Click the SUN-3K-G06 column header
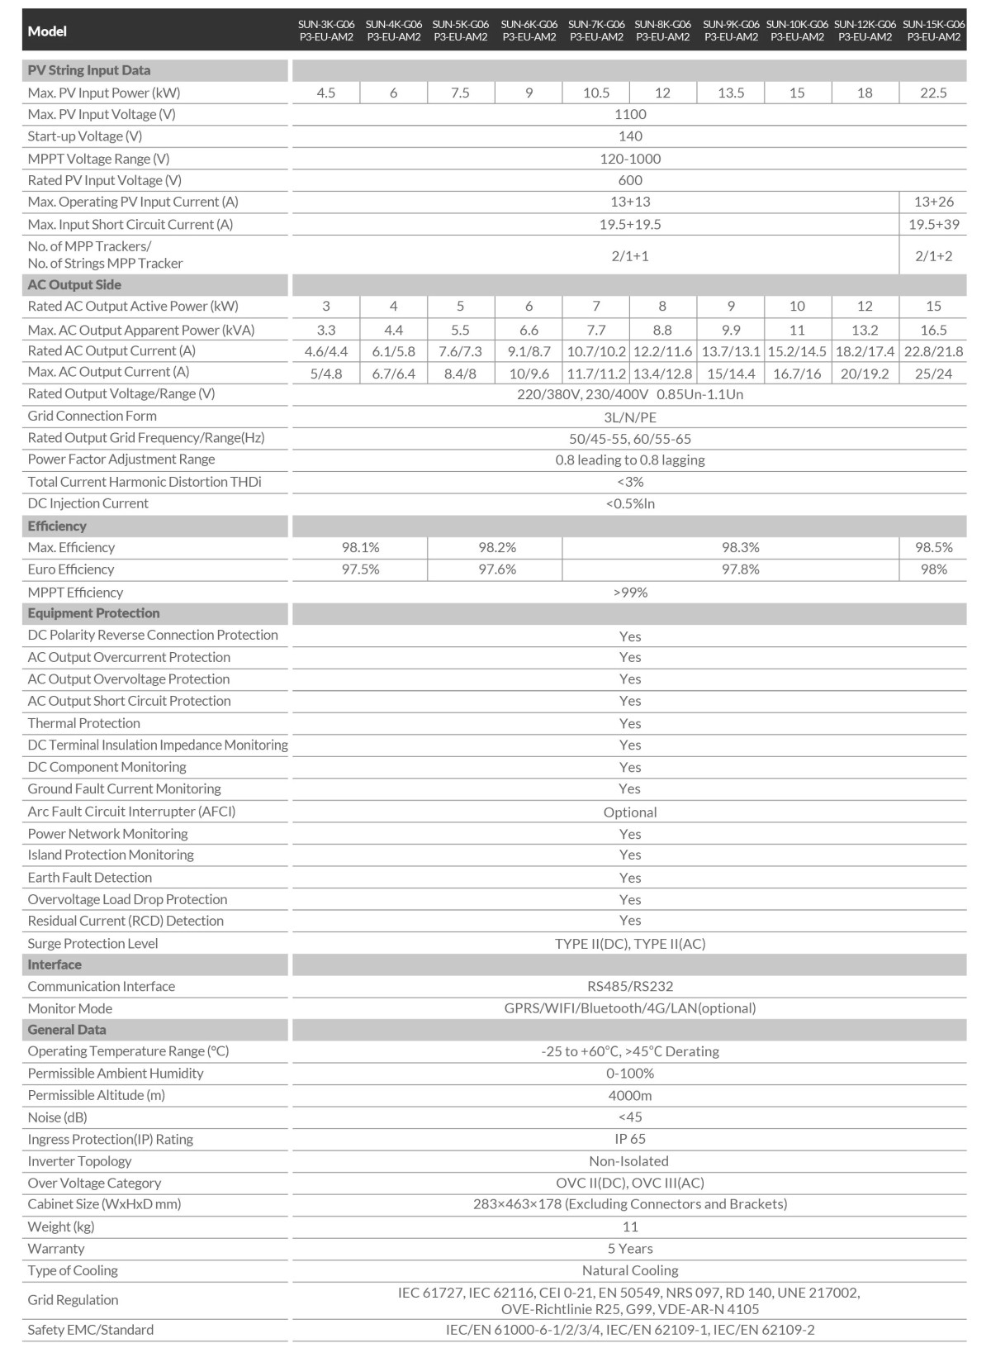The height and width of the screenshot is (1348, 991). pyautogui.click(x=326, y=31)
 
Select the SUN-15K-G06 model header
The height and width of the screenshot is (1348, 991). pyautogui.click(x=933, y=31)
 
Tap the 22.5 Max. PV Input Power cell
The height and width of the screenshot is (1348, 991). pyautogui.click(x=933, y=93)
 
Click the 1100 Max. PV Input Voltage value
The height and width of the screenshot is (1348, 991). pyautogui.click(x=630, y=114)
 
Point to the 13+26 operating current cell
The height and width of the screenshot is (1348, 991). pyautogui.click(x=933, y=202)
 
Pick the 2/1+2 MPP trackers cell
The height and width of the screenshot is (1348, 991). pyautogui.click(x=933, y=255)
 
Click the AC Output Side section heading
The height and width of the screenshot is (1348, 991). pyautogui.click(x=74, y=284)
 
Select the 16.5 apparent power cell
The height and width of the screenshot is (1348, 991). pyautogui.click(x=933, y=330)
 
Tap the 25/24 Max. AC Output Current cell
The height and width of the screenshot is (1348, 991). pyautogui.click(x=933, y=374)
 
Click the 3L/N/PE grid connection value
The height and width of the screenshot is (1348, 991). pyautogui.click(x=630, y=417)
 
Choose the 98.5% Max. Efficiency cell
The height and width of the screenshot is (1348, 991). pyautogui.click(x=933, y=547)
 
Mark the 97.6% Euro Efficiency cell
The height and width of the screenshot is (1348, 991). pyautogui.click(x=497, y=569)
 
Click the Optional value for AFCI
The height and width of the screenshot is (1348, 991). pyautogui.click(x=630, y=812)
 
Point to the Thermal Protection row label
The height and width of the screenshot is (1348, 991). pyautogui.click(x=84, y=723)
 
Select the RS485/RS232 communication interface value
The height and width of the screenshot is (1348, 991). pyautogui.click(x=630, y=986)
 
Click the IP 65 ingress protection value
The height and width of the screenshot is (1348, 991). pyautogui.click(x=630, y=1139)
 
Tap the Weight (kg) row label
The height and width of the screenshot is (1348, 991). pyautogui.click(x=61, y=1227)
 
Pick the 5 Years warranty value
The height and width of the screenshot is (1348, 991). pyautogui.click(x=630, y=1248)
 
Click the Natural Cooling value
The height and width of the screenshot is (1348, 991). pyautogui.click(x=630, y=1270)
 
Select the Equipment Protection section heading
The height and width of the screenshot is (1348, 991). pyautogui.click(x=93, y=613)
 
